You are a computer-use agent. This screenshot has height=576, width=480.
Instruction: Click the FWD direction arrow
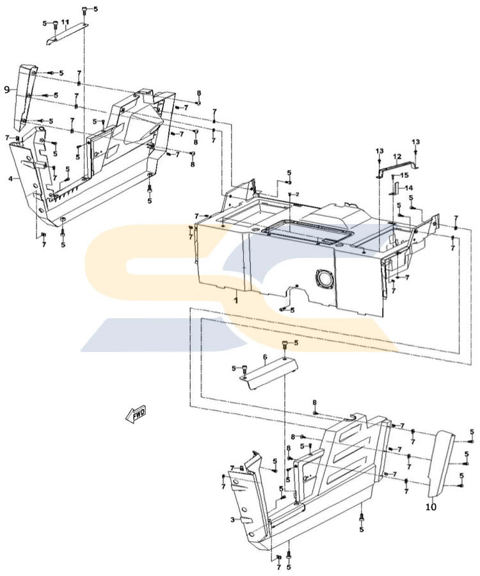[136, 415]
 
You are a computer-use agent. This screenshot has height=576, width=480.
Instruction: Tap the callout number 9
[7, 90]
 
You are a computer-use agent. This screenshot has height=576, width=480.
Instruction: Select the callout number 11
[65, 22]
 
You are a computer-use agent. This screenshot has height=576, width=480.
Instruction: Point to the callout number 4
[10, 179]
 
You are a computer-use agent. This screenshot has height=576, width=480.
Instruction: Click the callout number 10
[431, 506]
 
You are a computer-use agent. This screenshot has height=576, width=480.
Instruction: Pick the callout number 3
[233, 520]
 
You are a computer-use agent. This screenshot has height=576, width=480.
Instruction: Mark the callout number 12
[397, 156]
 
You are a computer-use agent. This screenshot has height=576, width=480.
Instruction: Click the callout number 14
[409, 188]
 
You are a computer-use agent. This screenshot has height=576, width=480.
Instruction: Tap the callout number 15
[404, 175]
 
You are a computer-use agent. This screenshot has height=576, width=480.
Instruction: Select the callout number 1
[235, 299]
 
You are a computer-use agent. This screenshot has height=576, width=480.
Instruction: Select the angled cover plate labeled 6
[269, 372]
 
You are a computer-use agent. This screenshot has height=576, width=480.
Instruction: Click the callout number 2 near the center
[298, 193]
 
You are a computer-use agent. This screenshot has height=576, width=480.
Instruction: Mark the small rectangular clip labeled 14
[395, 188]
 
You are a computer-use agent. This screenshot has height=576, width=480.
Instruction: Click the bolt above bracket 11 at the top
[85, 10]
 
